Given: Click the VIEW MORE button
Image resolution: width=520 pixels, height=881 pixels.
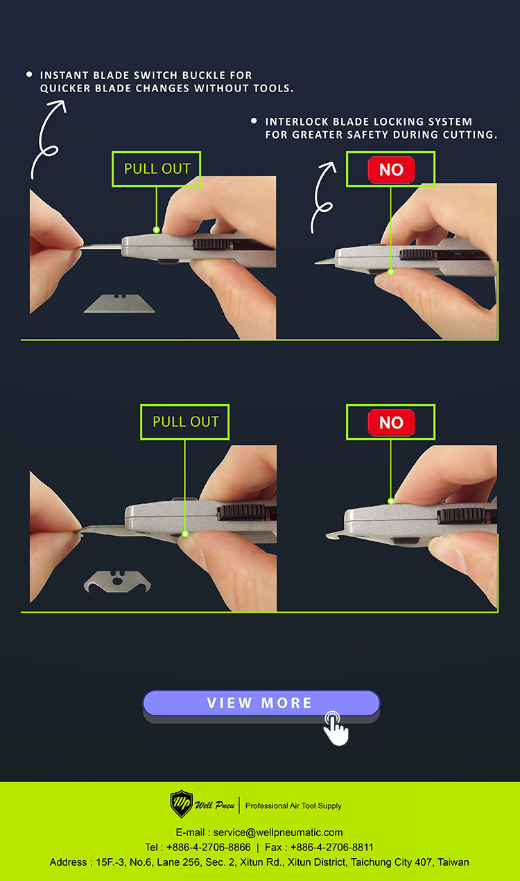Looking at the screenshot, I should (261, 703).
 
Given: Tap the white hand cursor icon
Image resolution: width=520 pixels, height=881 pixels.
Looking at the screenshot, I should (336, 729).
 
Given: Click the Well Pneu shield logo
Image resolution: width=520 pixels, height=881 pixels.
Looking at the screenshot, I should (181, 805).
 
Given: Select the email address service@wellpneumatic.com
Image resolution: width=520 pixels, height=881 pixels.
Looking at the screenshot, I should (278, 832).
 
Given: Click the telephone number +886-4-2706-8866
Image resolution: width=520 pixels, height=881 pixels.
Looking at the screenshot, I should (209, 847).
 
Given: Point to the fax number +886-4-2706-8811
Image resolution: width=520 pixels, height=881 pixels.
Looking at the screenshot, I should (331, 847).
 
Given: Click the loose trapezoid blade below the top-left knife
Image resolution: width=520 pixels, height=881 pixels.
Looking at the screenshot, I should (119, 304).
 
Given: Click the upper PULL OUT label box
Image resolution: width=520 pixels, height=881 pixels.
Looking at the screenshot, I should (157, 169).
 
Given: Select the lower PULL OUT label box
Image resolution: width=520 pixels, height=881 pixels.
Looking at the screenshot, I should (185, 421).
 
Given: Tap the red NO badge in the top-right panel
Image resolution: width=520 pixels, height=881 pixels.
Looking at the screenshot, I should (391, 170).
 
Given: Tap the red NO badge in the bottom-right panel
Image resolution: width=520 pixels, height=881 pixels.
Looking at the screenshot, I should (391, 422).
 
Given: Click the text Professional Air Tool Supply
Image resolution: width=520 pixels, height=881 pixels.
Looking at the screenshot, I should (293, 805).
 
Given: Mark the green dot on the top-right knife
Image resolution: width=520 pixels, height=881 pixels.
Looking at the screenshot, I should (390, 272).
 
